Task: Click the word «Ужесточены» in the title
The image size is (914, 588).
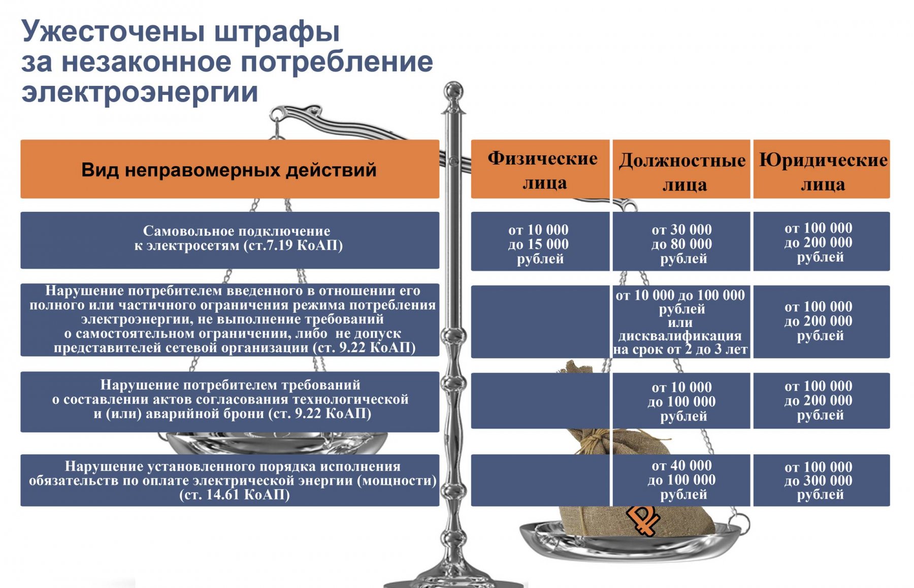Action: (x=113, y=31)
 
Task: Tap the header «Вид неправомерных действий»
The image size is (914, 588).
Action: (x=230, y=169)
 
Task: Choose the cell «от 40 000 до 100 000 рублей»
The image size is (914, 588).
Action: (x=681, y=480)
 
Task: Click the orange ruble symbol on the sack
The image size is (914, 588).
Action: (x=643, y=519)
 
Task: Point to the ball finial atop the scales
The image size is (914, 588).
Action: (x=453, y=92)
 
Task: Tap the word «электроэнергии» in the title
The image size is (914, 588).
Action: (x=140, y=92)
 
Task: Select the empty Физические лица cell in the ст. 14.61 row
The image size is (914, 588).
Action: (x=540, y=480)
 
